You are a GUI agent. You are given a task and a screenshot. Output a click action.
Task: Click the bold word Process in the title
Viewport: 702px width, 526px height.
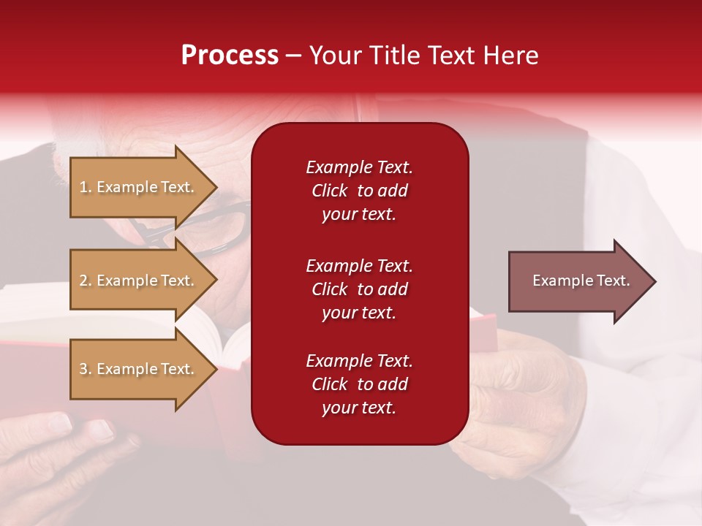230,56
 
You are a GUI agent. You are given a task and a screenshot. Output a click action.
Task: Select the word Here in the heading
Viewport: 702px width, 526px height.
510,56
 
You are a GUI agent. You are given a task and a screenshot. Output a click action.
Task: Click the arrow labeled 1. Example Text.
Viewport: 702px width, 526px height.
144,187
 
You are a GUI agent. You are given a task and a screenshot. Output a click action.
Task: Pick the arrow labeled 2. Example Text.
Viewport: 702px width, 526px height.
144,280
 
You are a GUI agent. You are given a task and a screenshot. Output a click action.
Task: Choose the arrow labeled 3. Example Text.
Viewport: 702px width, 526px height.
144,368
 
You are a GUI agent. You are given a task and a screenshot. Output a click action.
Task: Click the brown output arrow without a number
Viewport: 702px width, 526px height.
582,281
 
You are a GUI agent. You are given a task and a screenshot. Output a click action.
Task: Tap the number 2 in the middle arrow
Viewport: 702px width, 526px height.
84,281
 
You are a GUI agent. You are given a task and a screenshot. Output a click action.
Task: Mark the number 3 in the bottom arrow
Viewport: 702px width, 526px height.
84,368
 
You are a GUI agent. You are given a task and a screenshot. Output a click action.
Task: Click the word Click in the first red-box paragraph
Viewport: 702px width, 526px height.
330,191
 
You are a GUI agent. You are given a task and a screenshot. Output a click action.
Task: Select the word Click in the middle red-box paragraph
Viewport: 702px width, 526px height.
330,289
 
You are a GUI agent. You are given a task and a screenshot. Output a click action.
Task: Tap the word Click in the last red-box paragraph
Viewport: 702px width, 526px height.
330,384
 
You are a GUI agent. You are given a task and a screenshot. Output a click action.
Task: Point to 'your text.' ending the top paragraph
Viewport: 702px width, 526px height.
359,214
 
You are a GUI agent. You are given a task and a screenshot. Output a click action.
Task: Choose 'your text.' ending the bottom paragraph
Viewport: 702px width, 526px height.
359,408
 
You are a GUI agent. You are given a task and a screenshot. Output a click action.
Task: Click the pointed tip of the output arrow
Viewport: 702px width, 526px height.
656,281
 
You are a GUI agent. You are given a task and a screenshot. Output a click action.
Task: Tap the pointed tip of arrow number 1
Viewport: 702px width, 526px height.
218,187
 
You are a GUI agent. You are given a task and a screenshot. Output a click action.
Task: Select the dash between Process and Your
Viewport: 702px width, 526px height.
294,57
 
